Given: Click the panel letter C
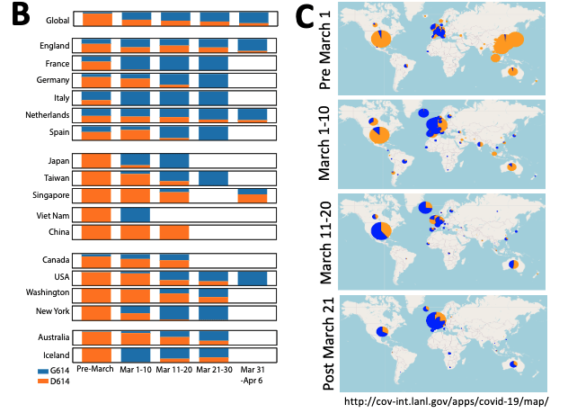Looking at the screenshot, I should [306, 15].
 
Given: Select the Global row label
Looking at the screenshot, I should [57, 18].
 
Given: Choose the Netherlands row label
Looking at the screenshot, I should [47, 115].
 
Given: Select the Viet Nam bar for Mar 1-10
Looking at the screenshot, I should [136, 215].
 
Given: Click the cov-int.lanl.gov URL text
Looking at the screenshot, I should [446, 400].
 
